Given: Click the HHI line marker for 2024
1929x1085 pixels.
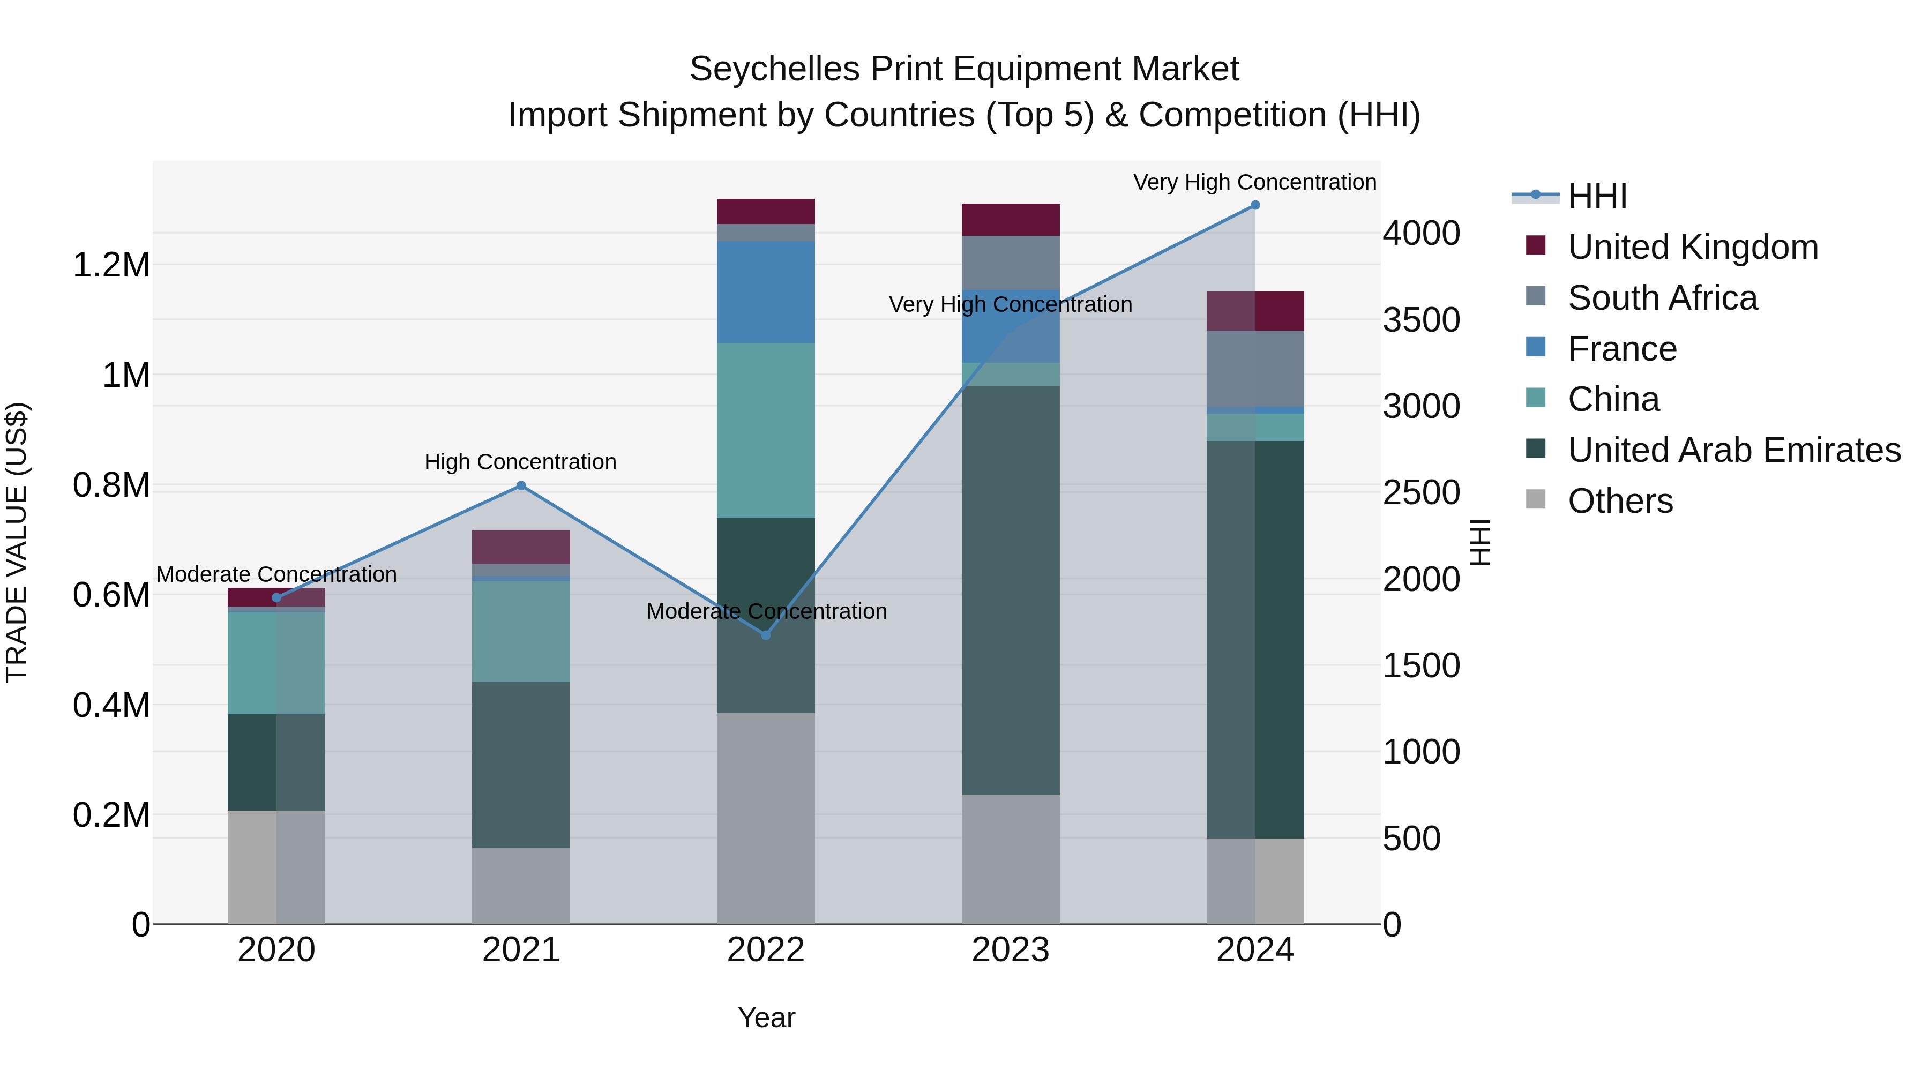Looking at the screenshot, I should [x=1255, y=205].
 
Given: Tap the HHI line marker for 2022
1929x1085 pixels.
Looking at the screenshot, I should [x=765, y=635].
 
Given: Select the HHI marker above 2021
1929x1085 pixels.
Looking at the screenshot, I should [x=521, y=486].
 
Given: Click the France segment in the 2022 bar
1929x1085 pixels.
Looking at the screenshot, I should [x=765, y=292].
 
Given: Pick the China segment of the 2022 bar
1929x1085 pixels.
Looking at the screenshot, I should [x=765, y=431].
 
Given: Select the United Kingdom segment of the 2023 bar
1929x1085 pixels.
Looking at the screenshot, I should [x=1010, y=219].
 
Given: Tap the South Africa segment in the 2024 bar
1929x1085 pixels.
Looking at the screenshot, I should [x=1255, y=369].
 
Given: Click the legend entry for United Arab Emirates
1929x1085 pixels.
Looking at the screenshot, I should [x=1733, y=450].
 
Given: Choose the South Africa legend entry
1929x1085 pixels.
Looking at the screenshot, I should [x=1662, y=298].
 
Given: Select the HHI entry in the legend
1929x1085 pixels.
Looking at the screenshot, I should [x=1597, y=196].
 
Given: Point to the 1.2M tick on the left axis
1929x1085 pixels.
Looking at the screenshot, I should [x=111, y=265].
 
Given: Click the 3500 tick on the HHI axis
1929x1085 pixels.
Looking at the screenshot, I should [x=1420, y=320].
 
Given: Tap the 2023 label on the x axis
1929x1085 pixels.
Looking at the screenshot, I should [x=1010, y=950].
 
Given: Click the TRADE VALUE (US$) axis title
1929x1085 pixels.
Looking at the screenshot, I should [x=17, y=542].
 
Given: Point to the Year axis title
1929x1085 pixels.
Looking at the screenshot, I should [x=766, y=1017].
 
